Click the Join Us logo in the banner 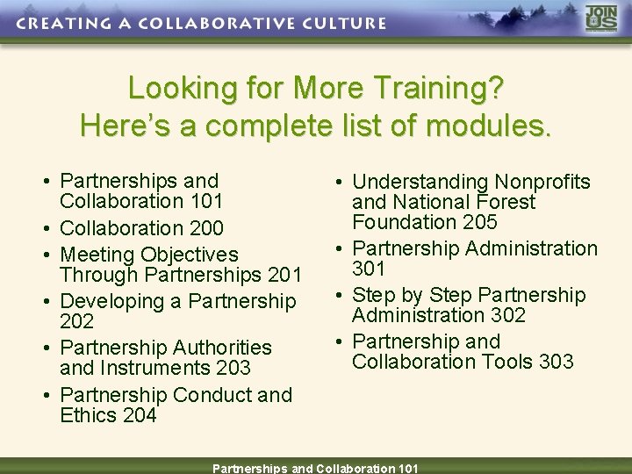(601, 19)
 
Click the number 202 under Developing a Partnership (76, 322)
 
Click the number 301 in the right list (370, 269)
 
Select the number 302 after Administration (502, 315)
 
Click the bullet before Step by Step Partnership (338, 296)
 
